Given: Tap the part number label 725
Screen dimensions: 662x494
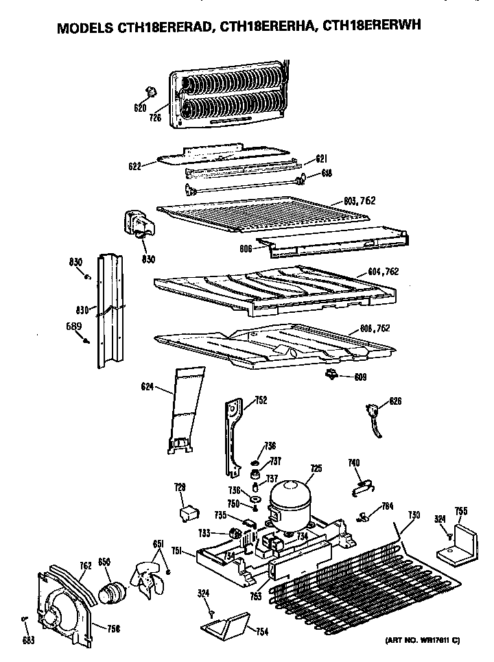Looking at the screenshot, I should pos(316,469).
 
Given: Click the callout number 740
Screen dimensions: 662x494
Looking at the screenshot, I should pos(354,464).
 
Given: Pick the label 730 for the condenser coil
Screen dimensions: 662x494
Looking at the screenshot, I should pos(414,515).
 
